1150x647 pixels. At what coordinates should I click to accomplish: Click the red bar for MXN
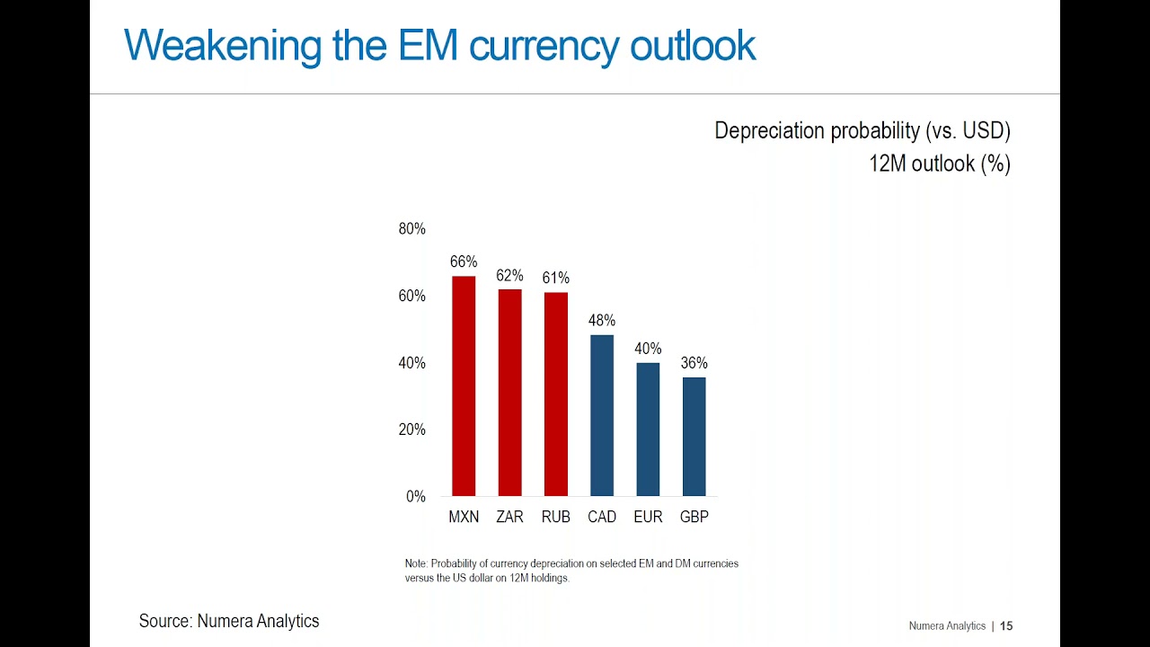tap(464, 386)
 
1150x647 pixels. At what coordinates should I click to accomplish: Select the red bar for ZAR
tap(509, 393)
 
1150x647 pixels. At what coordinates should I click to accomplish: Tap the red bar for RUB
tap(555, 394)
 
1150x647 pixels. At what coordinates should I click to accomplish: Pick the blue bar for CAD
tap(602, 416)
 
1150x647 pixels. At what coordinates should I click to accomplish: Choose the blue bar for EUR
tap(648, 430)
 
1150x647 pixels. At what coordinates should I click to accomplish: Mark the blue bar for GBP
tap(694, 437)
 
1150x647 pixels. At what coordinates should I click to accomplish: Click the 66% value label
tap(464, 261)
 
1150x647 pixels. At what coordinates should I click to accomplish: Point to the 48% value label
tap(602, 320)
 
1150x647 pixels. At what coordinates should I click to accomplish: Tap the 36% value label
tap(694, 363)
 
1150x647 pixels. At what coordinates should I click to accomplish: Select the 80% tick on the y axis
tap(412, 229)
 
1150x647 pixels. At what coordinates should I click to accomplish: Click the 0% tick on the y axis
tap(416, 496)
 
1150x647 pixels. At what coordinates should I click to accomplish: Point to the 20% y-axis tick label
tap(412, 430)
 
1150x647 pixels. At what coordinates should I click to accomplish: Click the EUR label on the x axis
tap(648, 517)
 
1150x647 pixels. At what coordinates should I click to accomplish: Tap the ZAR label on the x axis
tap(509, 517)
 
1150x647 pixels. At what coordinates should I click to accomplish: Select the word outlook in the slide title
tap(692, 45)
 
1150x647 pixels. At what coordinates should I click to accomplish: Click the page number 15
tap(1006, 625)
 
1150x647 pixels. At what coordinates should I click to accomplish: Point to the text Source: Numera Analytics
tap(229, 621)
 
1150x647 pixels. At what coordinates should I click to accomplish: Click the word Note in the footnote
tap(416, 563)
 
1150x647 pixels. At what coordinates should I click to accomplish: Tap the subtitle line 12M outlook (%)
tap(939, 164)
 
